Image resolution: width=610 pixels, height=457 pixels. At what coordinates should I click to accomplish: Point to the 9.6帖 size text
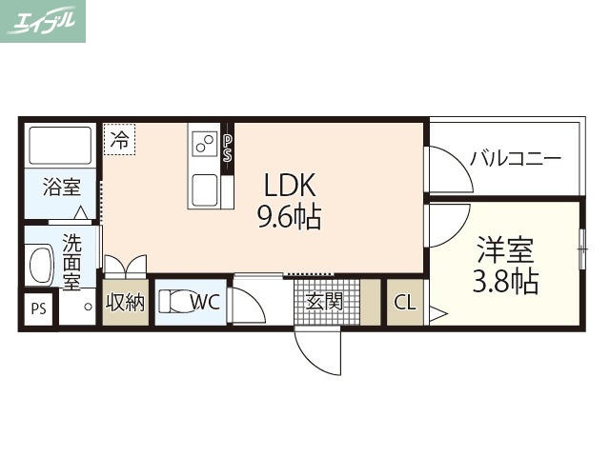coord(288,218)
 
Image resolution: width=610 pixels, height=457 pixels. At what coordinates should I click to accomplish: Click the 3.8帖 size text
coord(505,281)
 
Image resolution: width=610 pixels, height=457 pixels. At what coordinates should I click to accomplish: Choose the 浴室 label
coord(61,187)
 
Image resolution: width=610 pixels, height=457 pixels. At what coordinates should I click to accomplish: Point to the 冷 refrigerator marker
coord(119,140)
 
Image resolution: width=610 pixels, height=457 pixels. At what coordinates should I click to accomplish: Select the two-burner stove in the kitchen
coord(204,144)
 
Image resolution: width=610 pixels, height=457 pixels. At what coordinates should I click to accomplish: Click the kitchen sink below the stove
coord(205,189)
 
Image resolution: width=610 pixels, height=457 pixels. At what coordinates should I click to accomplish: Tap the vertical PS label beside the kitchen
coord(227,148)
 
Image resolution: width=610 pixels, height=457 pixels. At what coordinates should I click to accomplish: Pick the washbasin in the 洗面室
coord(40,264)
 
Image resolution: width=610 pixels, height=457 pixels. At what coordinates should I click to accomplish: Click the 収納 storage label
coord(125,304)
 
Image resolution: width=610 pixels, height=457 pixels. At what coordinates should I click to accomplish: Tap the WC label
coord(205,303)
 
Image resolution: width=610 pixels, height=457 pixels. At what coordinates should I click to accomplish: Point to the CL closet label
coord(405,304)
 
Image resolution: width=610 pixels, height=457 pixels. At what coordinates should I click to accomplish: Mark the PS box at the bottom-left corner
coord(38,308)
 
